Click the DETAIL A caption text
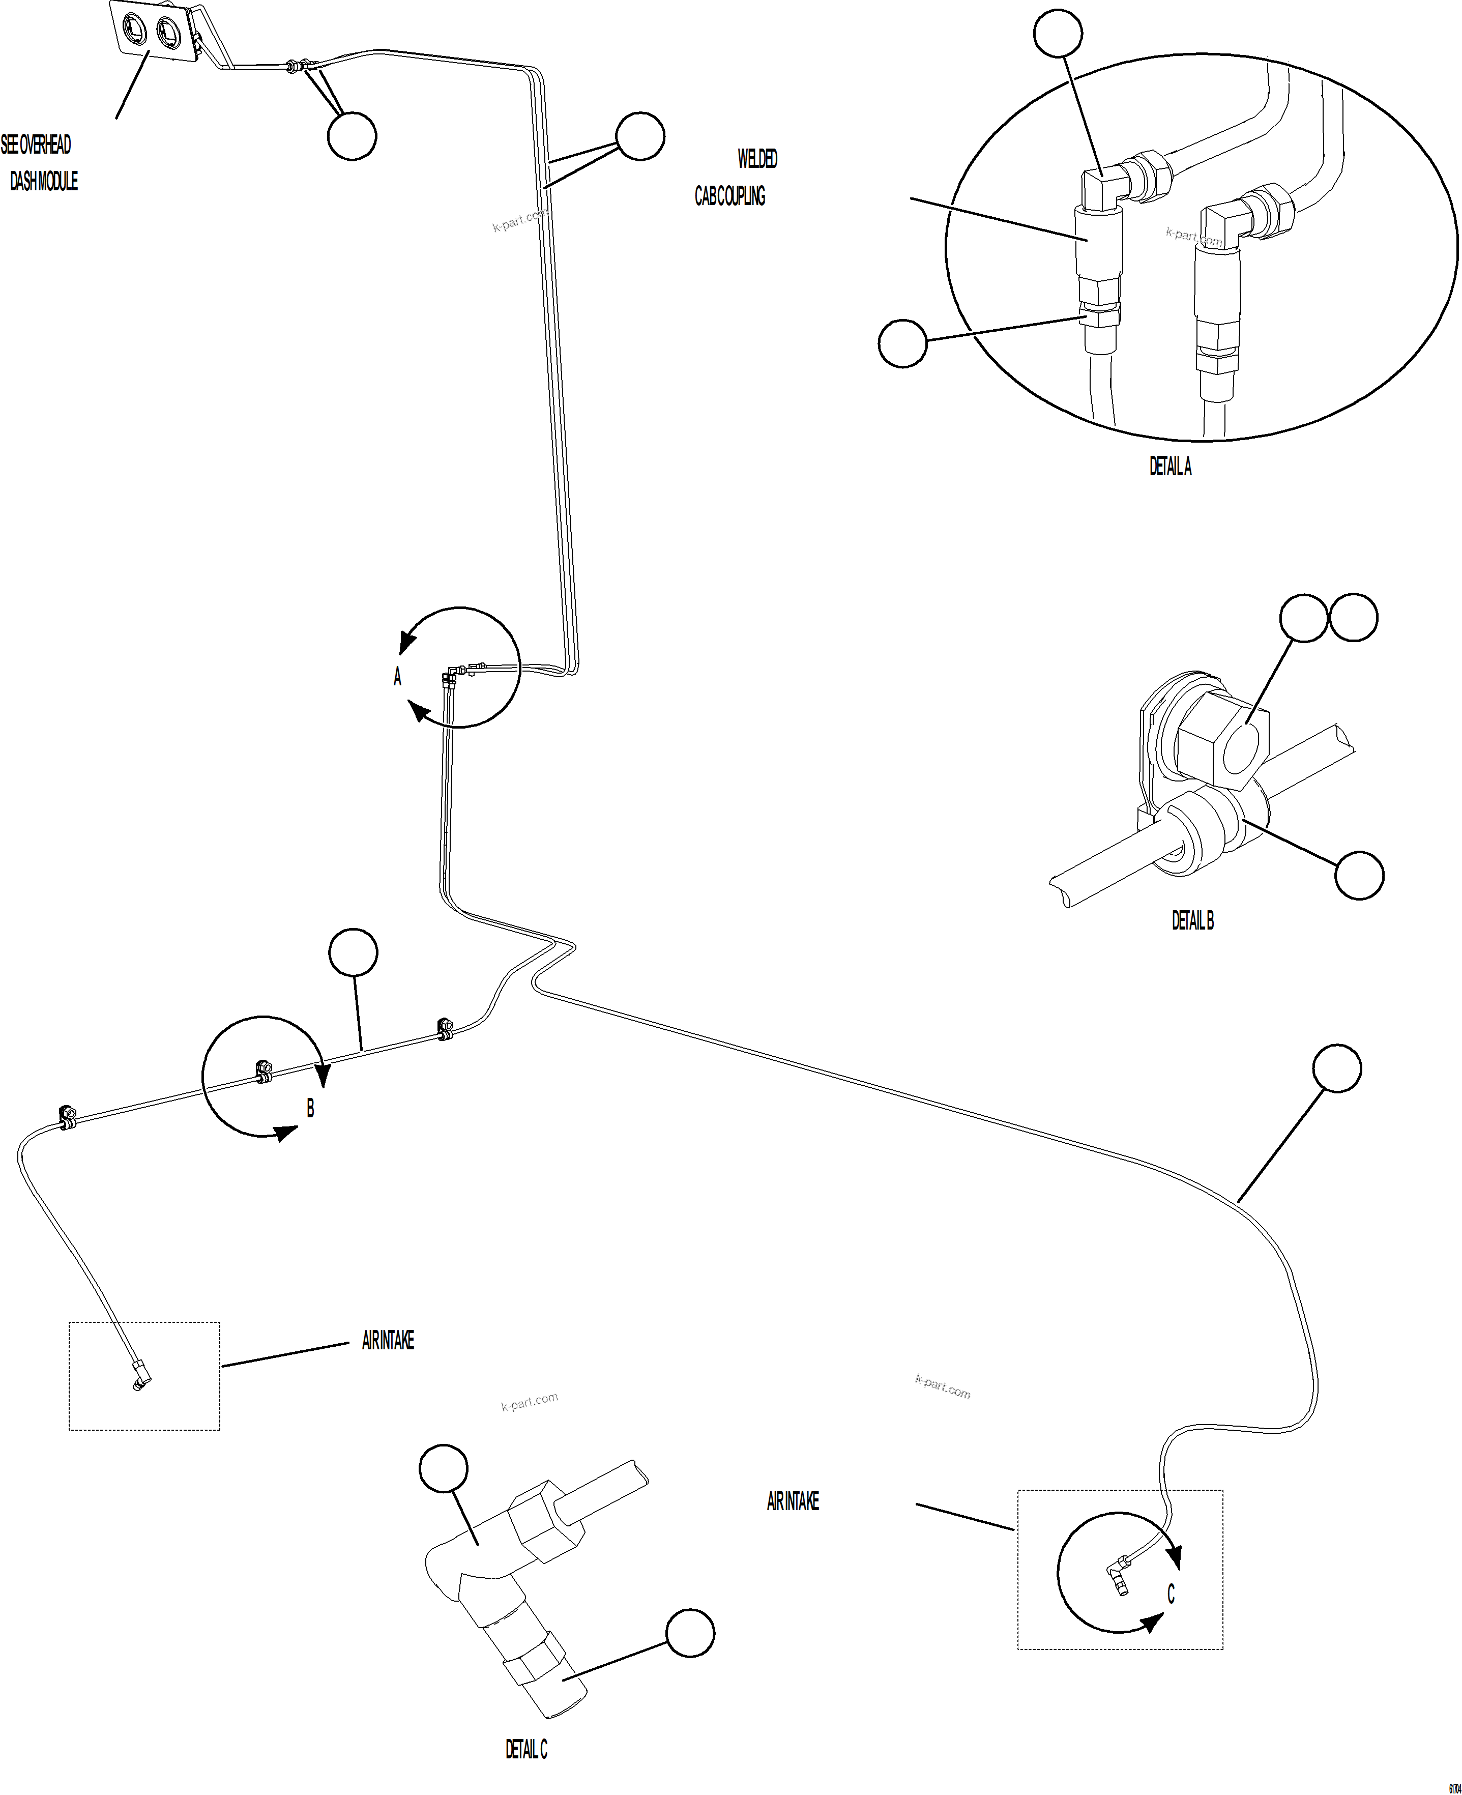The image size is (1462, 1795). [1170, 467]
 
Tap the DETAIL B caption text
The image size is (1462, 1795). [1192, 921]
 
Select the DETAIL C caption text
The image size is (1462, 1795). [525, 1750]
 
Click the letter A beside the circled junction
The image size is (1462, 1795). [397, 676]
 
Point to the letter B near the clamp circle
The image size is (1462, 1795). [310, 1109]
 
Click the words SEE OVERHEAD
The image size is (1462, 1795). [36, 145]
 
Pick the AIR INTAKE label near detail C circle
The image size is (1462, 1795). [793, 1501]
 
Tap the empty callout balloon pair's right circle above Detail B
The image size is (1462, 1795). [1353, 618]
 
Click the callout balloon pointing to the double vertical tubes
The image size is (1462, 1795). [640, 136]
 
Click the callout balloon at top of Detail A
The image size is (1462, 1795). [1058, 33]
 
